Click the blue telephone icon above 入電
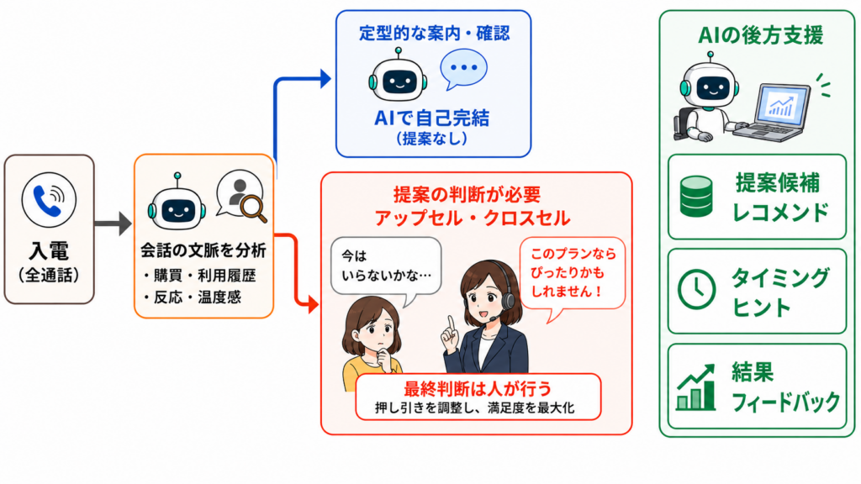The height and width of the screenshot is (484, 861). coord(48,200)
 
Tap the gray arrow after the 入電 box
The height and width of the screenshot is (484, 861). coord(114,224)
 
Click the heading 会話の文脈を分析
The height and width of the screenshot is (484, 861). coord(203,250)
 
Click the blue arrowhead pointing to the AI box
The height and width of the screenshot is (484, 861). coord(325,78)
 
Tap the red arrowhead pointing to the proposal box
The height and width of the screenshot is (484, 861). coord(314,303)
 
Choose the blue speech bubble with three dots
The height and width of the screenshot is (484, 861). coord(463,69)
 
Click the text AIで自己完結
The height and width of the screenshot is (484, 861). coord(431,118)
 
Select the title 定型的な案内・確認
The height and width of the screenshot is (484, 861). coord(435,33)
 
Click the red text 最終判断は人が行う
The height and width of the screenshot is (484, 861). coord(478,388)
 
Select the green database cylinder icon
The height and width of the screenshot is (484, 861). coord(696,196)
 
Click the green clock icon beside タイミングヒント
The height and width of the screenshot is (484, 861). coord(696,289)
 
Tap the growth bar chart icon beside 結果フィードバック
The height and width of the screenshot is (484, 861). coord(695,387)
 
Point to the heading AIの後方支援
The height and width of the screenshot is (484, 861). coord(760,35)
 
